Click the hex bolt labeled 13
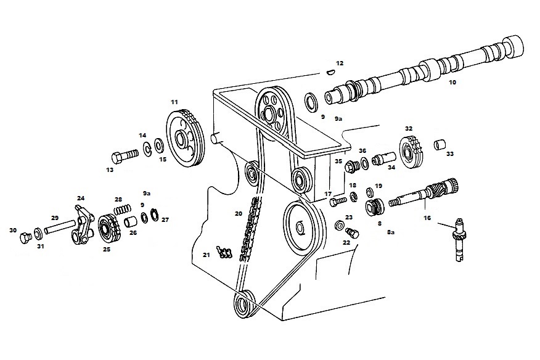(125, 156)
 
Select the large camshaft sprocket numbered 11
(185, 139)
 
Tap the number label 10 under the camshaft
(452, 83)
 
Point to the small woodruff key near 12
(330, 72)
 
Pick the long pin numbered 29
(59, 227)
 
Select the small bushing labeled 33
(439, 144)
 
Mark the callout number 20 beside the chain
(239, 213)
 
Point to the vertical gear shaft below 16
(459, 240)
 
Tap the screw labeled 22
(353, 233)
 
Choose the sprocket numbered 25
(109, 229)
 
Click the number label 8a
(391, 232)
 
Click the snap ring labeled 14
(148, 149)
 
